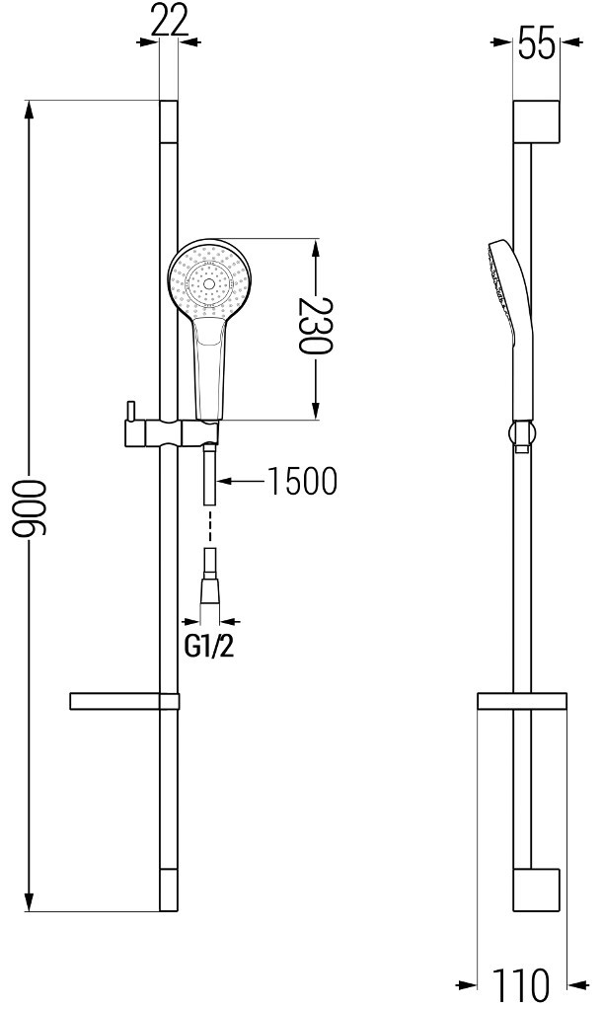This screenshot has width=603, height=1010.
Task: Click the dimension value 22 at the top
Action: (x=169, y=20)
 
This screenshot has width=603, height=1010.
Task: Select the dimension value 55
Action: (x=536, y=44)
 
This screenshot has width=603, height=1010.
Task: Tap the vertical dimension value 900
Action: (x=30, y=507)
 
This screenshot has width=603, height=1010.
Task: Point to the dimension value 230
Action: (x=317, y=330)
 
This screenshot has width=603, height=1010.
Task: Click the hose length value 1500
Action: (x=302, y=481)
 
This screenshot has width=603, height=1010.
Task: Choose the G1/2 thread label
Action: (x=210, y=648)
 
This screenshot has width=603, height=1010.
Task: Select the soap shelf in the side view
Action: (x=523, y=701)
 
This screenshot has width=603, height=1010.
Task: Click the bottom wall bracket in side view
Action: (x=536, y=890)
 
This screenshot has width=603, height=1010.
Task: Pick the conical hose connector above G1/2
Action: (x=209, y=591)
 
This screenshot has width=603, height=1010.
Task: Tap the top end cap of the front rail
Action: (x=169, y=120)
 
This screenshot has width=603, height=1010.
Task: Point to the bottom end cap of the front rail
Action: (x=169, y=891)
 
